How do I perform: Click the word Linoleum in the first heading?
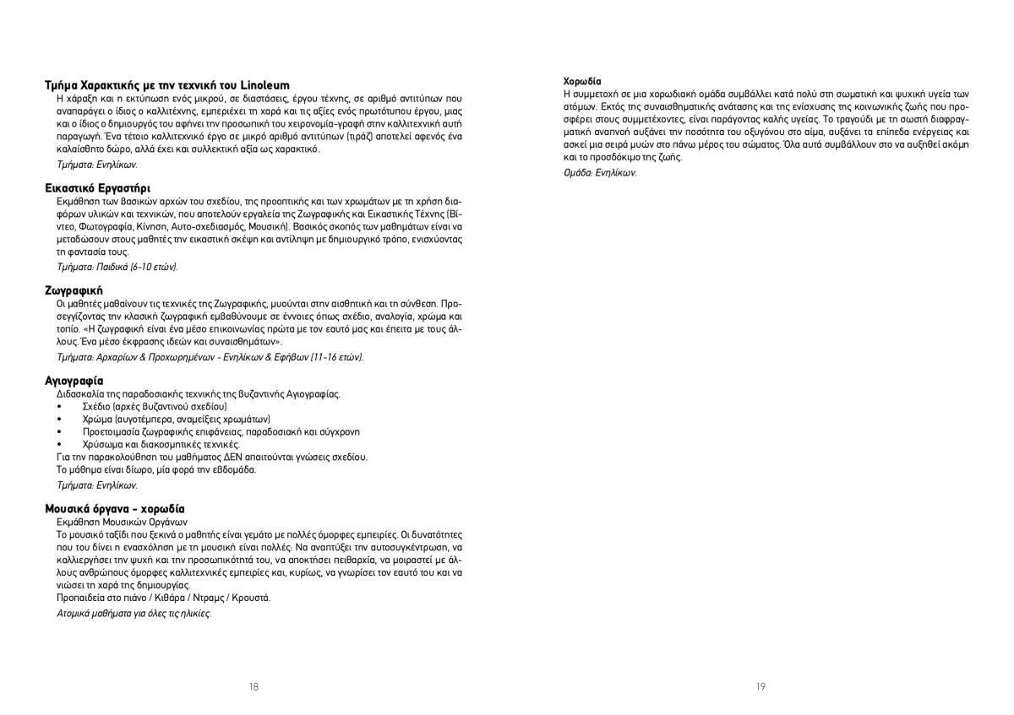click(265, 85)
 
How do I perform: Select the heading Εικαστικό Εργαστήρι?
click(97, 187)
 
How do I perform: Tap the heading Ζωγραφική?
click(74, 290)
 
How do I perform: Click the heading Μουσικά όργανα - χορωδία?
click(114, 509)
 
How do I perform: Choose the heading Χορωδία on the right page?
click(582, 82)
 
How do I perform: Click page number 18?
click(253, 687)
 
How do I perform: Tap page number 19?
click(760, 687)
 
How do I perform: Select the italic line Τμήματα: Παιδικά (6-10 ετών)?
click(117, 267)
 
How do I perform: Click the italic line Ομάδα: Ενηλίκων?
click(600, 172)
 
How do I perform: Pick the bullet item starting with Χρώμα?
click(176, 419)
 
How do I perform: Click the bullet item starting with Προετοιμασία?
click(221, 431)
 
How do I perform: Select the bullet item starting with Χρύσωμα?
click(161, 444)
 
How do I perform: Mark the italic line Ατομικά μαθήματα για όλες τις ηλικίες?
click(134, 613)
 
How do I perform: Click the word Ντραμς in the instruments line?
click(218, 598)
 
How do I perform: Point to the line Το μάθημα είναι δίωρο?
click(155, 469)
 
